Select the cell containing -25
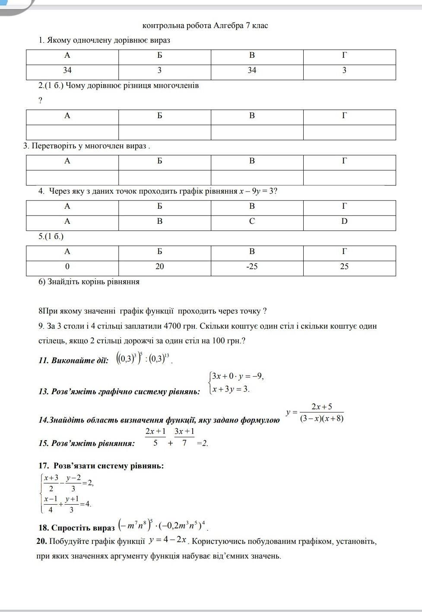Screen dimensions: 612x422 click(x=252, y=267)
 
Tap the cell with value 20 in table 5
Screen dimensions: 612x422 click(x=160, y=267)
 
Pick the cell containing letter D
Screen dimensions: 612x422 click(x=344, y=221)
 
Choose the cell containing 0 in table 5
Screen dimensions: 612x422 click(x=67, y=267)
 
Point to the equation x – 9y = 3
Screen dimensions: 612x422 click(x=257, y=191)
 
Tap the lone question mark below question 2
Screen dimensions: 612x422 click(x=41, y=100)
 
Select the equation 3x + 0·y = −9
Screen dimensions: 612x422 click(x=237, y=376)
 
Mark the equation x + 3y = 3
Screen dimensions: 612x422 click(x=231, y=389)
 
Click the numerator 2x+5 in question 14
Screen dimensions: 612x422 click(x=322, y=406)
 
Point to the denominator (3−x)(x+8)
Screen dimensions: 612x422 click(x=322, y=418)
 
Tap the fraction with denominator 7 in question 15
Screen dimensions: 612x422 click(x=184, y=436)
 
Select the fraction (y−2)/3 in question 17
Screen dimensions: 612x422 click(x=73, y=483)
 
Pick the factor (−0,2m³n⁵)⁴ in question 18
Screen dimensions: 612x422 click(x=183, y=526)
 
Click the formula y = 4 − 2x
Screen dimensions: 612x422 click(x=168, y=540)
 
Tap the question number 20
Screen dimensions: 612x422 click(x=41, y=541)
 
